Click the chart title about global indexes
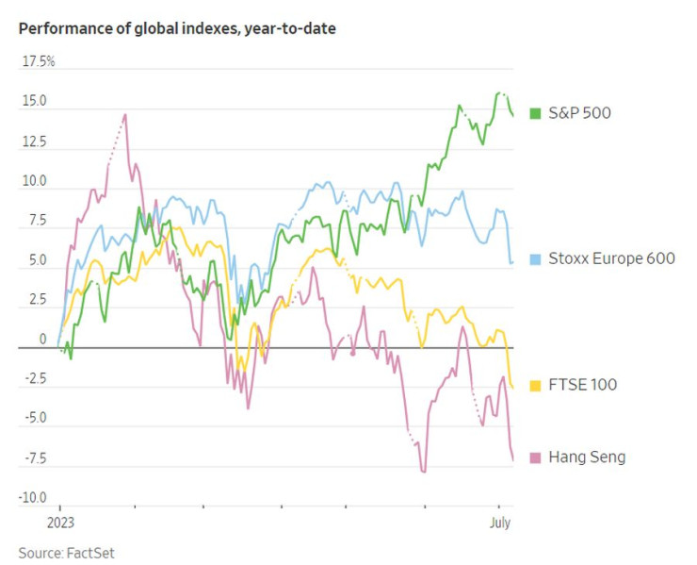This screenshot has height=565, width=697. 177,28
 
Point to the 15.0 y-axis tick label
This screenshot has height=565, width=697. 36,100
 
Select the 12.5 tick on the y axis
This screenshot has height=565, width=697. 36,141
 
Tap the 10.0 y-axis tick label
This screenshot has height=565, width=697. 36,180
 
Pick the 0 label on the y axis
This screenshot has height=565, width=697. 42,338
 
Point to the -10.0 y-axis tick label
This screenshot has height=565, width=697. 34,497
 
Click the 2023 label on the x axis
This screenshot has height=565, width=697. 59,521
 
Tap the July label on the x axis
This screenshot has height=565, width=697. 499,521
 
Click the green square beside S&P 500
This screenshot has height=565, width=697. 535,113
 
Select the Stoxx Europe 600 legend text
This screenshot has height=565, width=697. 609,258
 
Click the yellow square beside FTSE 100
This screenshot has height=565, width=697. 535,385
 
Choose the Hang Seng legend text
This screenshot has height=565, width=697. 586,457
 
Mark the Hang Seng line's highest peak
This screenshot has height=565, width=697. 125,115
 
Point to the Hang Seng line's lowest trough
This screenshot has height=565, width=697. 424,471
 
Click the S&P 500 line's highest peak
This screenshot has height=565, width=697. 499,93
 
